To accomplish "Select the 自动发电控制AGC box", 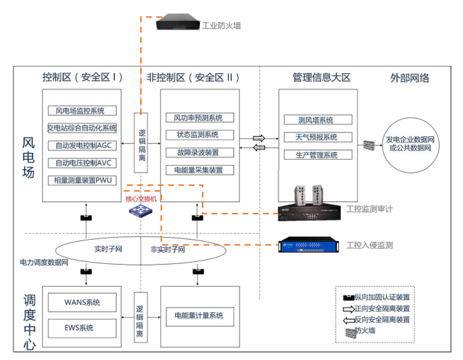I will [82, 145].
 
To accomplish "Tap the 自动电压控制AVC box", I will [82, 163].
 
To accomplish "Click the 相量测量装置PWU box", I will [82, 180].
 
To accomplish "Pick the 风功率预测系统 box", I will [199, 118].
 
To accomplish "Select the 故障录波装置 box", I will [199, 152].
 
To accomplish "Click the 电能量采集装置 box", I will [199, 170].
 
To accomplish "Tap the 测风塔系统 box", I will [317, 120].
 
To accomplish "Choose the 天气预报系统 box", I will [317, 137].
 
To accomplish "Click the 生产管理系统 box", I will [317, 155].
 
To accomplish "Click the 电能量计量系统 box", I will [199, 316].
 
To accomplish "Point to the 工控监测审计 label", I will [370, 210].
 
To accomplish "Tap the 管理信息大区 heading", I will [321, 78].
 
